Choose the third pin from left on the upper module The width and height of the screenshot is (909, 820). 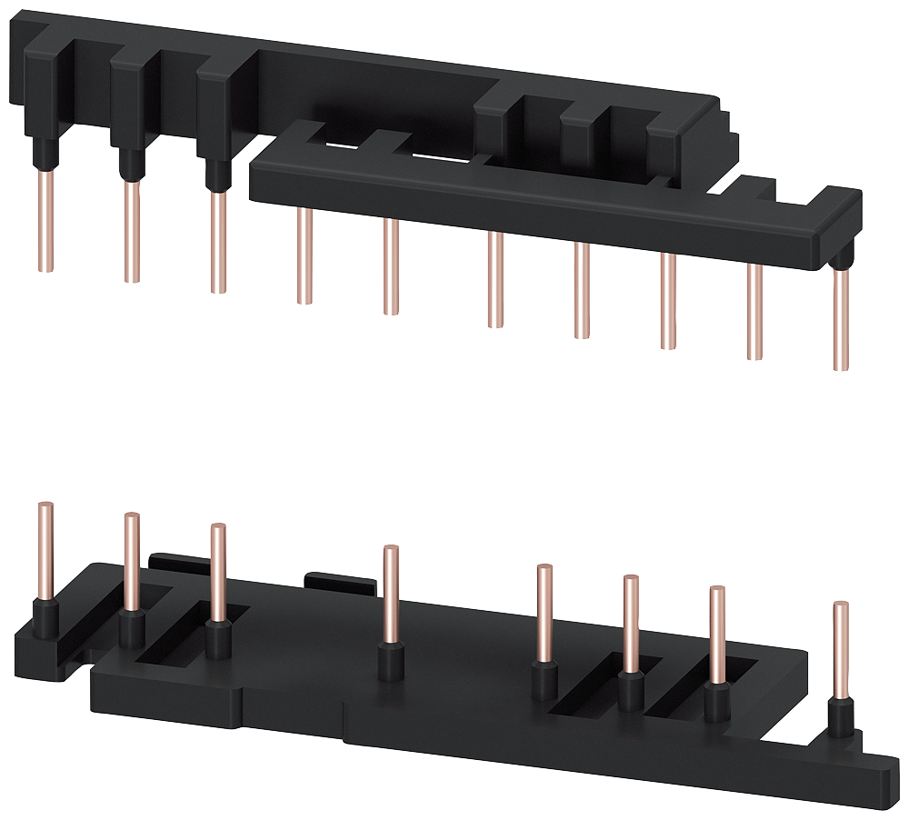(x=217, y=241)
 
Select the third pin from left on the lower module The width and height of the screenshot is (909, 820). (x=217, y=573)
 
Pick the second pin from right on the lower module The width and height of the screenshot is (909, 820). (x=716, y=636)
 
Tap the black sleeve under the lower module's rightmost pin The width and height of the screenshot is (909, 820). (x=841, y=718)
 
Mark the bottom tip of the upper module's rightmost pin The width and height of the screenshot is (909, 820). (x=841, y=366)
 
